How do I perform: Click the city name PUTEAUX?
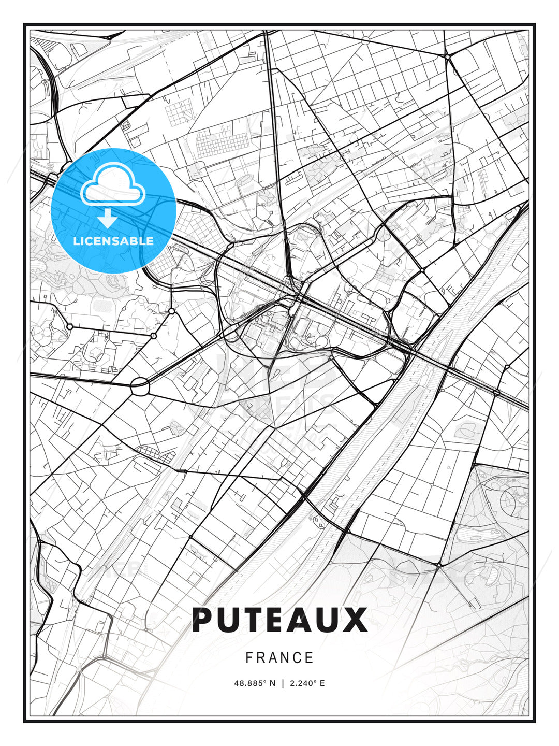(x=279, y=620)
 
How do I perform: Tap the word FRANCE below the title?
(x=279, y=658)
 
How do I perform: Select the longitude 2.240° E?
(x=307, y=683)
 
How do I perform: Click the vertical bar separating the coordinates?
(x=283, y=683)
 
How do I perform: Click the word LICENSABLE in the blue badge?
(x=113, y=241)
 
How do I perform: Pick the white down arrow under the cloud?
(x=108, y=218)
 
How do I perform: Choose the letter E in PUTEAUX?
(x=279, y=620)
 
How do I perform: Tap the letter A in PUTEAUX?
(x=304, y=620)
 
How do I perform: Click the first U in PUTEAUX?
(x=229, y=620)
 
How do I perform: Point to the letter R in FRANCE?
(x=261, y=658)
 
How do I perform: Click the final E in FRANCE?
(x=310, y=658)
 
